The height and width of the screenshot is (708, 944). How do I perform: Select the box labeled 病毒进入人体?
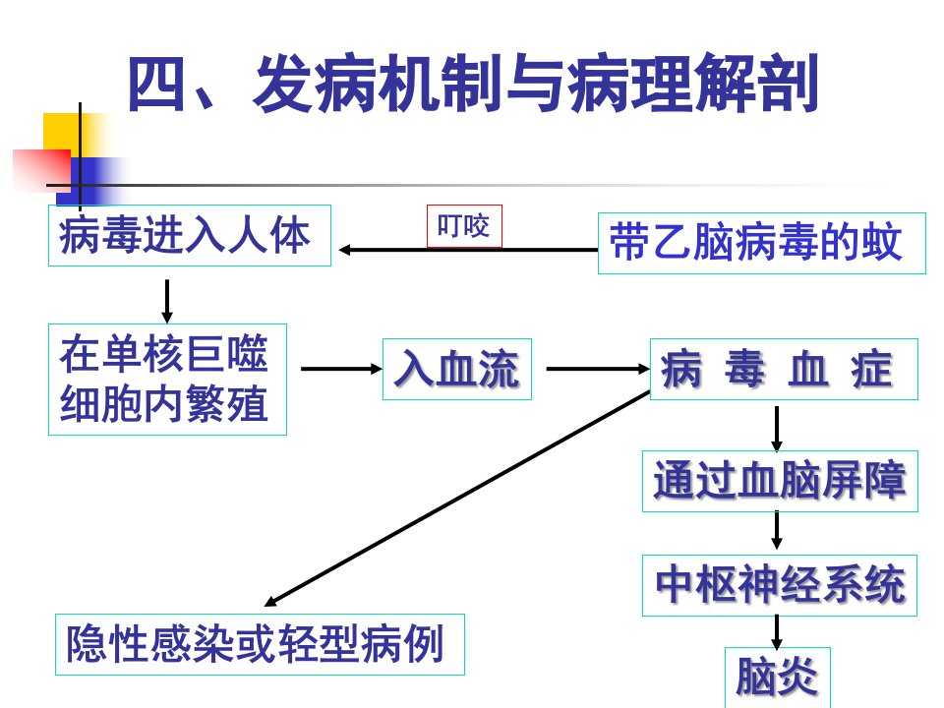(190, 235)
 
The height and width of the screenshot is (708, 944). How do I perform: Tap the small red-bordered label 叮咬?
(464, 226)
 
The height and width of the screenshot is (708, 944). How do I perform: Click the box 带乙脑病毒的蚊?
(761, 243)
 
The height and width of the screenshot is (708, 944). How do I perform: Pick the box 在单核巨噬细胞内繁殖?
(167, 380)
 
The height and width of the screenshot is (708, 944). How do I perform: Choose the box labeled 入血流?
(457, 369)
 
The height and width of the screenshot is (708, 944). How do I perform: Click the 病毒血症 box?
(784, 369)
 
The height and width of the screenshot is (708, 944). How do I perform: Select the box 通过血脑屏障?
(780, 481)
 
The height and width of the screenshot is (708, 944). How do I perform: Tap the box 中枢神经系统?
(780, 585)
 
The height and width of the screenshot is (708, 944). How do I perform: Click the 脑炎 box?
(777, 678)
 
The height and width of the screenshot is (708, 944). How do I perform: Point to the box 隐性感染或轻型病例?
(260, 644)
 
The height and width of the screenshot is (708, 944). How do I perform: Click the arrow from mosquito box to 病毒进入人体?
(468, 249)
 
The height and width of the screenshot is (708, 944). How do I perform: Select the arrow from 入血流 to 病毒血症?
(598, 369)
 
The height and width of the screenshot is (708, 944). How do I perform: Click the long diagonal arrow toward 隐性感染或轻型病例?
(457, 499)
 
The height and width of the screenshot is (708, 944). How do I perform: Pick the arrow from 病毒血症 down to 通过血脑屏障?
(777, 429)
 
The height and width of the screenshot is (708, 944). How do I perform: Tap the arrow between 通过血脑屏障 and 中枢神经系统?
(777, 530)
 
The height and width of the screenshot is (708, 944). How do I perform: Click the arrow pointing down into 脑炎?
(777, 632)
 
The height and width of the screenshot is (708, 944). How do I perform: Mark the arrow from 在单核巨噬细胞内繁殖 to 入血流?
(341, 369)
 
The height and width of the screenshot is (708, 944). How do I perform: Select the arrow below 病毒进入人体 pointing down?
(167, 301)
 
